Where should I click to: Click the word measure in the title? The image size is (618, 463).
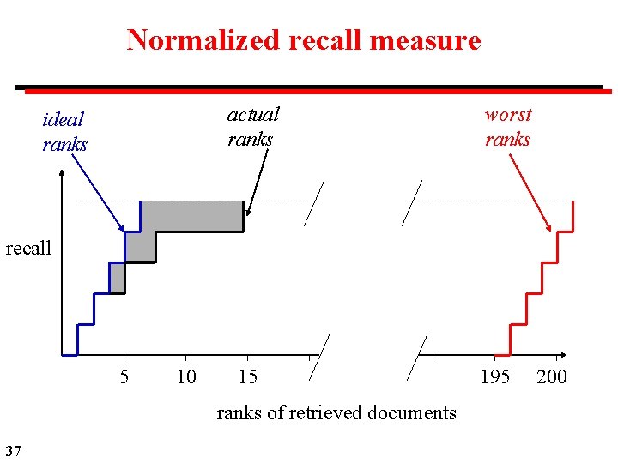click(x=433, y=39)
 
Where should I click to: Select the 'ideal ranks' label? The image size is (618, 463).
click(x=64, y=131)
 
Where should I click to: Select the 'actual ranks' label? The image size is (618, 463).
click(x=252, y=126)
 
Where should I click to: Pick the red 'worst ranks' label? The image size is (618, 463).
click(x=508, y=126)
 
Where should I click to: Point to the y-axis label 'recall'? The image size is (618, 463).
click(x=28, y=249)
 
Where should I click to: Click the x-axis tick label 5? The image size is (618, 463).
click(x=124, y=376)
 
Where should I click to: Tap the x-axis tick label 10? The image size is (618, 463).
click(x=185, y=376)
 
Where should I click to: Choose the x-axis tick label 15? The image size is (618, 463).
click(x=247, y=376)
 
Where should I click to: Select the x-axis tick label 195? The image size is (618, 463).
click(x=494, y=376)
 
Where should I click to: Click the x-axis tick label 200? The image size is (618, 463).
click(x=551, y=376)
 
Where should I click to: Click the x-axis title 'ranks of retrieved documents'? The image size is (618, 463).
click(x=336, y=412)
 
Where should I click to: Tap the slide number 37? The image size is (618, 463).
click(x=13, y=450)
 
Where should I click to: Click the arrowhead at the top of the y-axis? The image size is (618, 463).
click(x=63, y=173)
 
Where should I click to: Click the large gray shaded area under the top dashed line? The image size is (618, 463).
click(x=191, y=216)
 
